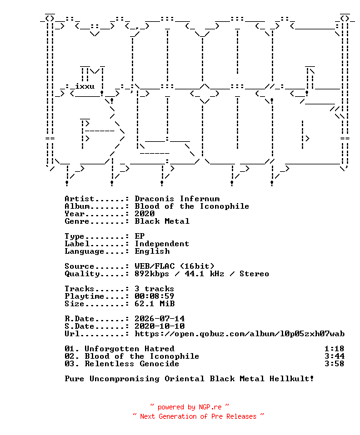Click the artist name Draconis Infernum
177,199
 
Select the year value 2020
144,214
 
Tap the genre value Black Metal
162,221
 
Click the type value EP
139,236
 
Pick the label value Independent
162,244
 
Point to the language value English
152,251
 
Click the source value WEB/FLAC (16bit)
174,266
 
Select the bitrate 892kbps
152,274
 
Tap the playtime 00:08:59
154,296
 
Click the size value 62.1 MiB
154,304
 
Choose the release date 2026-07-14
159,319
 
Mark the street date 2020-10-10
159,326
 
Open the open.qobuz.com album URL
239,334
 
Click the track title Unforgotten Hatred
129,349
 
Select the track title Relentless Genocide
132,364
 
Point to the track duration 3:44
334,356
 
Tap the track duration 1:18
334,349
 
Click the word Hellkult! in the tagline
292,379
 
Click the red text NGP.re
210,407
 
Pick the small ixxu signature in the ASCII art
85,86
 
